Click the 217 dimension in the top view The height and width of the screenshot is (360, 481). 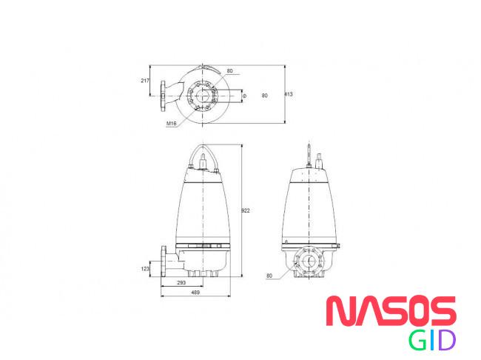click(x=145, y=81)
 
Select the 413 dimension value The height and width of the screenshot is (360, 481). click(x=289, y=94)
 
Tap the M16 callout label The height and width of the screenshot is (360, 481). click(x=172, y=124)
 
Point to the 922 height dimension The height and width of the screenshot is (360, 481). click(x=246, y=210)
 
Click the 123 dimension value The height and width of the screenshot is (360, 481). click(x=145, y=269)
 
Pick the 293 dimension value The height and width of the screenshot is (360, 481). click(x=181, y=283)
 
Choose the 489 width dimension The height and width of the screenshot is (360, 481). click(x=195, y=293)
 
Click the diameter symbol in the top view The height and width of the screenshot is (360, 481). click(x=244, y=96)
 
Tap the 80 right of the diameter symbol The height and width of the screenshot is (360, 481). click(x=264, y=96)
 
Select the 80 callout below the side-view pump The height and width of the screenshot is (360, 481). click(x=269, y=276)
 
